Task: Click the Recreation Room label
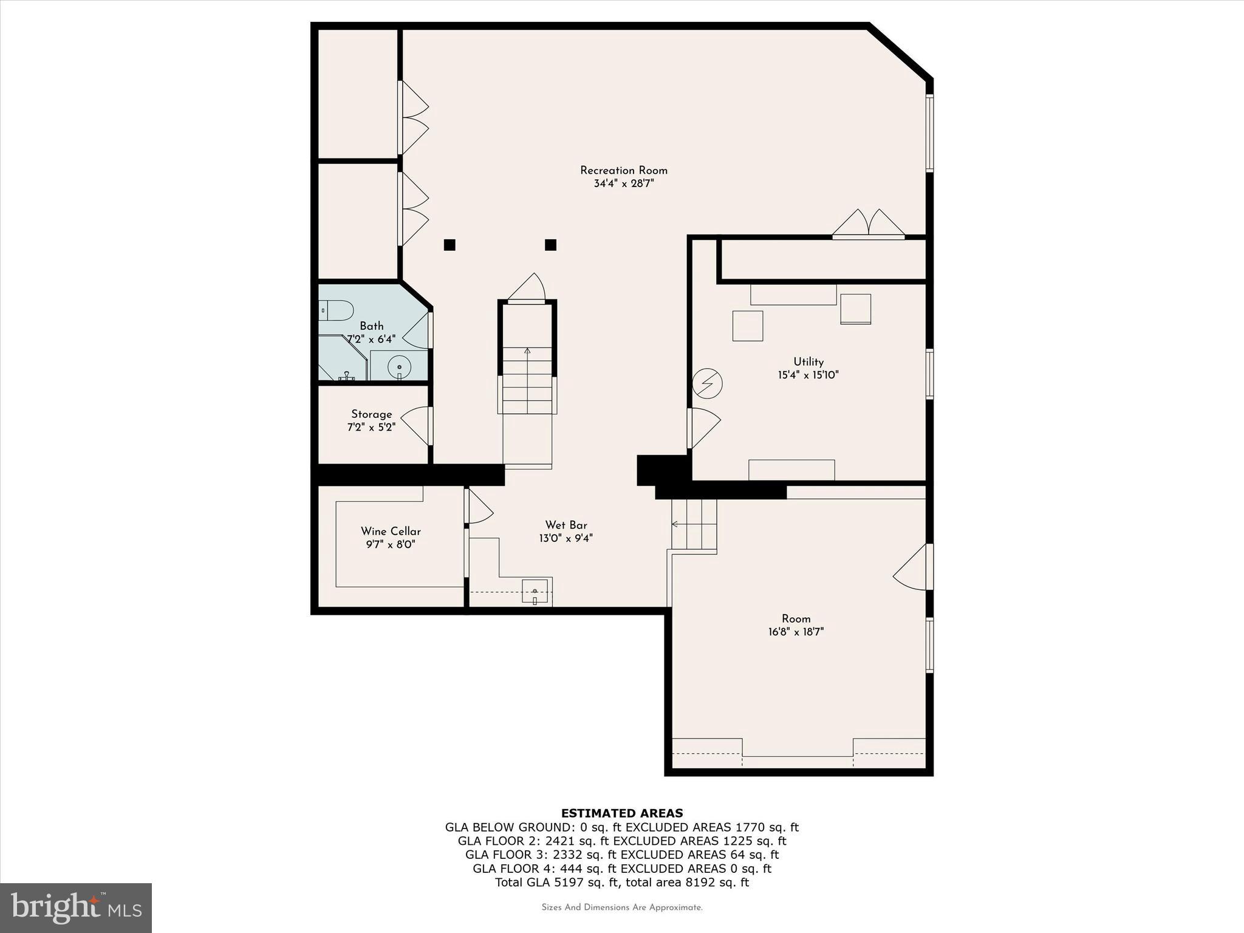tap(623, 171)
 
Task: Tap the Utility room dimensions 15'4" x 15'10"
tap(808, 375)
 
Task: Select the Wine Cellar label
tap(391, 531)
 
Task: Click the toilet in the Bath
tap(336, 310)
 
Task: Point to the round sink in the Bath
tap(399, 367)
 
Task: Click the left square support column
tap(449, 245)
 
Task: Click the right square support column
tap(551, 245)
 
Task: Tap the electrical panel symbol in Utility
tap(708, 384)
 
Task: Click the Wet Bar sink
tap(535, 591)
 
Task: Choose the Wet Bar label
tap(566, 525)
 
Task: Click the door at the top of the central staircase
tap(527, 290)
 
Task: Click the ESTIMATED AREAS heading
tap(621, 813)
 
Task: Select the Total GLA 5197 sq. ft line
tap(621, 883)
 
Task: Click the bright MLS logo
tap(76, 907)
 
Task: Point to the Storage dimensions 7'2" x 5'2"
tap(371, 428)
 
